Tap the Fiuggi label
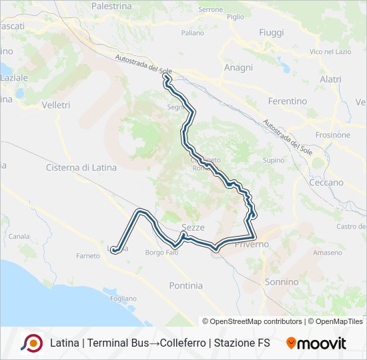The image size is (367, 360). tap(271, 33)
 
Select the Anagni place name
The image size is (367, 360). tap(238, 67)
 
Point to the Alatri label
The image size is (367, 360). tap(330, 79)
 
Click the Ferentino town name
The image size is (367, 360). tap(287, 101)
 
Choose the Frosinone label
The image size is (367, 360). tap(332, 135)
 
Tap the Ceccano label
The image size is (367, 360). tap(326, 182)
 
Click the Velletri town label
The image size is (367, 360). tap(55, 105)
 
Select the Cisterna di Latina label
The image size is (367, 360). tap(81, 167)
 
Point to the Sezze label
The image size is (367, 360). tap(193, 227)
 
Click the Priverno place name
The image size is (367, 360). tap(251, 244)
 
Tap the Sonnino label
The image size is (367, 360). tap(282, 282)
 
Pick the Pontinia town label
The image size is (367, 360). tap(186, 285)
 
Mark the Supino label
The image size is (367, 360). tap(274, 161)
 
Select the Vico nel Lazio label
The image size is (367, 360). tap(330, 51)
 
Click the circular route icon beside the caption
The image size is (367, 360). tap(32, 343)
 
